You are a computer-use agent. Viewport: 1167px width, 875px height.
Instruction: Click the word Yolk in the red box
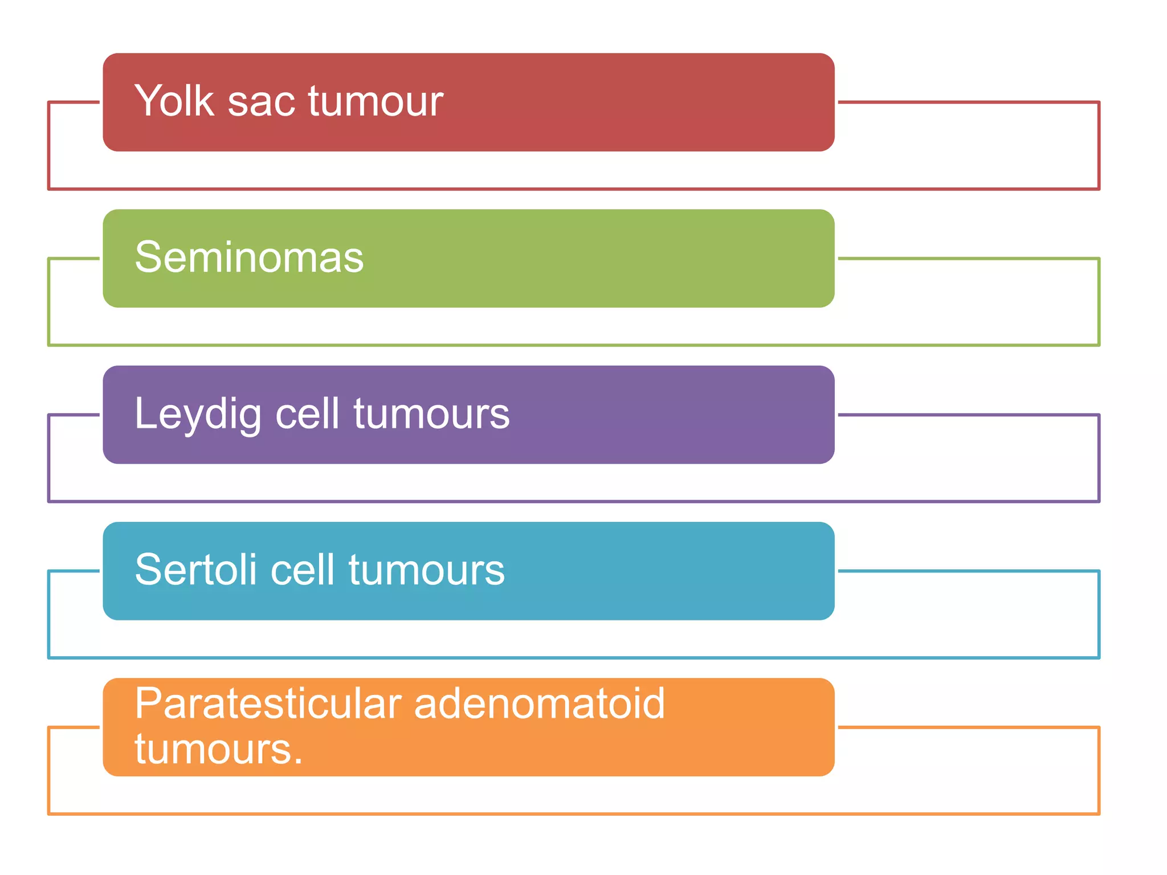point(174,101)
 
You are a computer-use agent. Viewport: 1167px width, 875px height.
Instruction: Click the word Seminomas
point(249,257)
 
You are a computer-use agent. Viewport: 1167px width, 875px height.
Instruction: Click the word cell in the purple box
point(308,414)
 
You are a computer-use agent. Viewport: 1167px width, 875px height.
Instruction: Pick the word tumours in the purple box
point(431,414)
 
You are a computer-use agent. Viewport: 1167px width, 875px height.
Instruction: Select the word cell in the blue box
point(303,570)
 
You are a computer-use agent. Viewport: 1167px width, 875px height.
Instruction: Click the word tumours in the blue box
point(427,570)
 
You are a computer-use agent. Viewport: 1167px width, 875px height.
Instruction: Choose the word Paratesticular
point(268,704)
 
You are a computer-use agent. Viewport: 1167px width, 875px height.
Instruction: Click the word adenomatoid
point(540,704)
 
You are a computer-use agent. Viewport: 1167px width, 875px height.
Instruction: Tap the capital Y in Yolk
point(147,101)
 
